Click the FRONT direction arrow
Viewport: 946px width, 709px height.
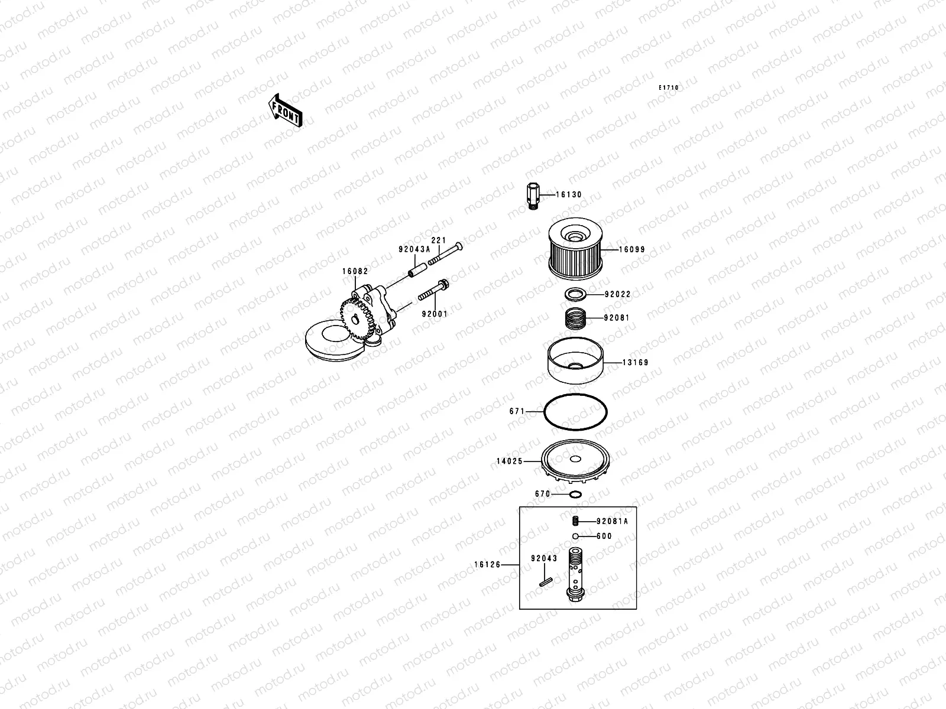point(286,110)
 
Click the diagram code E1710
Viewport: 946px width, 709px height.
point(669,88)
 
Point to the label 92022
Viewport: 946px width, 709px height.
point(617,294)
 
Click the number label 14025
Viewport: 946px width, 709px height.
point(509,461)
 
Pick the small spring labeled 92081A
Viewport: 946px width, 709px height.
point(574,521)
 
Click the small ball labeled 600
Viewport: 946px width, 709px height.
point(575,536)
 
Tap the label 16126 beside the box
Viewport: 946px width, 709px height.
point(487,565)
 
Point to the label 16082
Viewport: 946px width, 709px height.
point(355,271)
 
